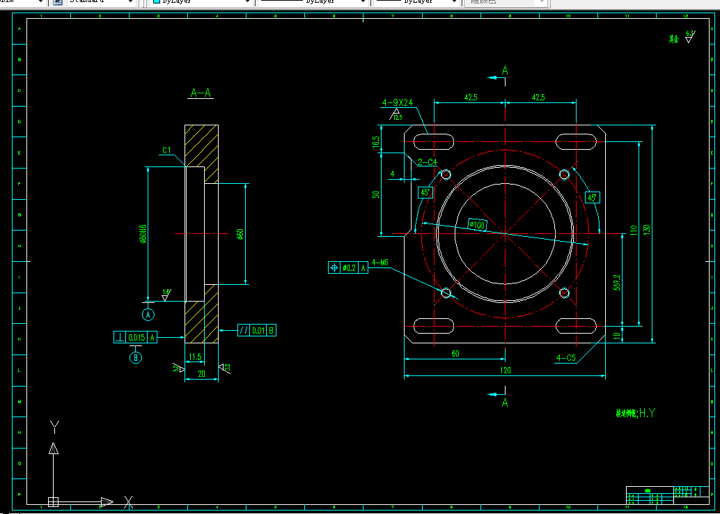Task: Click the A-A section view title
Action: [201, 93]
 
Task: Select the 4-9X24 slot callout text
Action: [398, 102]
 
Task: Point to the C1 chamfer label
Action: [166, 150]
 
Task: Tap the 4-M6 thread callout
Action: [379, 263]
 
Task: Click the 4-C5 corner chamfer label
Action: [565, 358]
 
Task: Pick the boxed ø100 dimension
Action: [477, 225]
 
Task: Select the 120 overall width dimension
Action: [506, 371]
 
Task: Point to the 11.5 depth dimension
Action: [195, 357]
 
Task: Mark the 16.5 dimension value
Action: [376, 142]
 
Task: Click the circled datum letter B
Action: [136, 358]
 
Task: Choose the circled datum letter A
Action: [148, 315]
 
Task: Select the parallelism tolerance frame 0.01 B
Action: [257, 330]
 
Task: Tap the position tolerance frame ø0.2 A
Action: [347, 267]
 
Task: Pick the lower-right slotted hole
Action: [577, 325]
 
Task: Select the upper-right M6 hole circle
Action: [565, 175]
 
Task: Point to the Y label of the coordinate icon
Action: [55, 426]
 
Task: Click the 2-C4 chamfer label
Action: [427, 162]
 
